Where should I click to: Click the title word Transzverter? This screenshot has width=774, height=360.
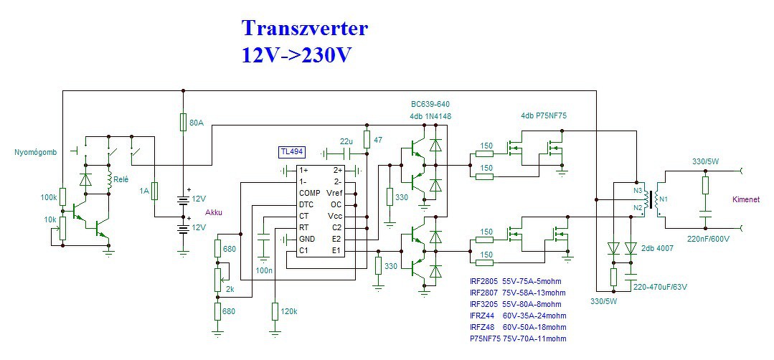click(x=305, y=28)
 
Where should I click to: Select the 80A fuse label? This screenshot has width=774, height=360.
click(x=196, y=123)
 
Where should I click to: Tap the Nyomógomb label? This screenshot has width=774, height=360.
click(x=35, y=152)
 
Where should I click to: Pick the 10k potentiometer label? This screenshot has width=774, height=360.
click(x=49, y=220)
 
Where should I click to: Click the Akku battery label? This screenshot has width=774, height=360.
click(x=214, y=213)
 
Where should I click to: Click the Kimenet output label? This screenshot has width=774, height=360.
click(x=746, y=200)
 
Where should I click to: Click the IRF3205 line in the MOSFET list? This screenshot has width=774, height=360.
click(x=516, y=304)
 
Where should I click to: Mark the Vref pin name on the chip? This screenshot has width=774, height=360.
click(x=334, y=193)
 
